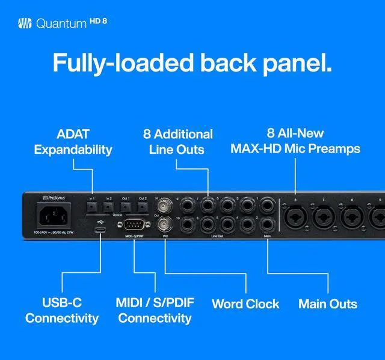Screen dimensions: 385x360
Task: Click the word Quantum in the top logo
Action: [61, 24]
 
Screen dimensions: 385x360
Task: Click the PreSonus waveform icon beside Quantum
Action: [24, 24]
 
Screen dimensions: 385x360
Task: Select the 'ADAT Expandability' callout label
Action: [73, 142]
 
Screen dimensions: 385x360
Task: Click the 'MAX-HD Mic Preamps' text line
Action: [295, 148]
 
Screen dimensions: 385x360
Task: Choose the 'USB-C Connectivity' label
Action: [62, 310]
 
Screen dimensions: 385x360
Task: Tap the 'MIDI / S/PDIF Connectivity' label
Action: [155, 310]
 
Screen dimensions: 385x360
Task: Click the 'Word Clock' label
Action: [245, 304]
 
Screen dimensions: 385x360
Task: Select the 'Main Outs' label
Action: [328, 304]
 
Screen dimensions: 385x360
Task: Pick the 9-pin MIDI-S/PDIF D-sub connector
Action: [135, 227]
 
